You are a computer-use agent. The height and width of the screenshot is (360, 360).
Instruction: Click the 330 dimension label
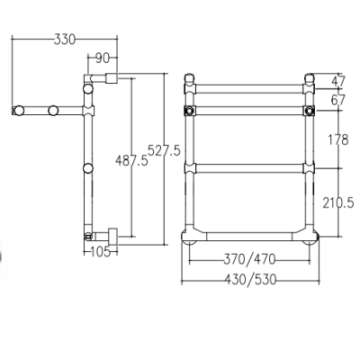[x=65, y=40]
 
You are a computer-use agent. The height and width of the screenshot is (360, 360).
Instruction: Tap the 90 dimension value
[x=103, y=58]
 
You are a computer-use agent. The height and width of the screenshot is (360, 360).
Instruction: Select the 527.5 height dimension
[x=165, y=150]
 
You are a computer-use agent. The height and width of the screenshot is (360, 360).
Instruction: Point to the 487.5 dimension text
[x=131, y=161]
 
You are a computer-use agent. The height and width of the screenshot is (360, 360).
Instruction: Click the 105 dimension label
[x=100, y=252]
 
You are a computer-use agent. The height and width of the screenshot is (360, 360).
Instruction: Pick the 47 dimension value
[x=338, y=81]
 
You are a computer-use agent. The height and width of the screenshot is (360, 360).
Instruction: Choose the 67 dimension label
[x=338, y=100]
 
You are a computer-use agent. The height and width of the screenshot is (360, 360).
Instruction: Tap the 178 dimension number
[x=337, y=139]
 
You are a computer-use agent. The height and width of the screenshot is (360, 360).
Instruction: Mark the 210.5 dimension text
[x=338, y=203]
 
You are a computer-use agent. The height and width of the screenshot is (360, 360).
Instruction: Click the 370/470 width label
[x=249, y=259]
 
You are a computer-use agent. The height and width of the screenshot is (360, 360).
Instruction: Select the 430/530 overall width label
[x=250, y=280]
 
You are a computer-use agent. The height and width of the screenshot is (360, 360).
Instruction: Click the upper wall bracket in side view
[x=112, y=78]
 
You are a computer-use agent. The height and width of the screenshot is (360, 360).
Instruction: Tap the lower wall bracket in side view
[x=112, y=237]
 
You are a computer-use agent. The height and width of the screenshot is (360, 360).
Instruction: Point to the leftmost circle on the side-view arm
[x=19, y=111]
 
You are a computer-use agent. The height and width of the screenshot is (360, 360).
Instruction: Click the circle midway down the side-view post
[x=88, y=168]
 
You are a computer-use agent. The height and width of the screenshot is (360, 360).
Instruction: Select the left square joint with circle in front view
[x=189, y=111]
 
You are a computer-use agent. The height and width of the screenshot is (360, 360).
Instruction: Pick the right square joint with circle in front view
[x=309, y=111]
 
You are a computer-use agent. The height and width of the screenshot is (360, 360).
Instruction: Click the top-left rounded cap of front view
[x=189, y=78]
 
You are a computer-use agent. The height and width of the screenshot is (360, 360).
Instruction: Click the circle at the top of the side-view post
[x=88, y=89]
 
